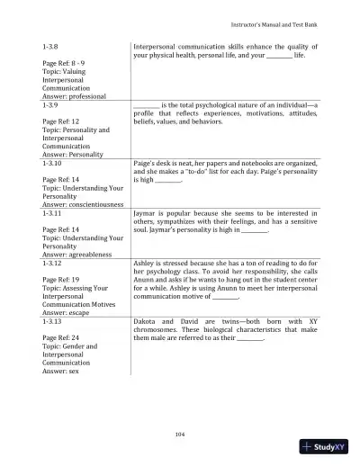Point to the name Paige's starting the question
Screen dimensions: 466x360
[x=145, y=165]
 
